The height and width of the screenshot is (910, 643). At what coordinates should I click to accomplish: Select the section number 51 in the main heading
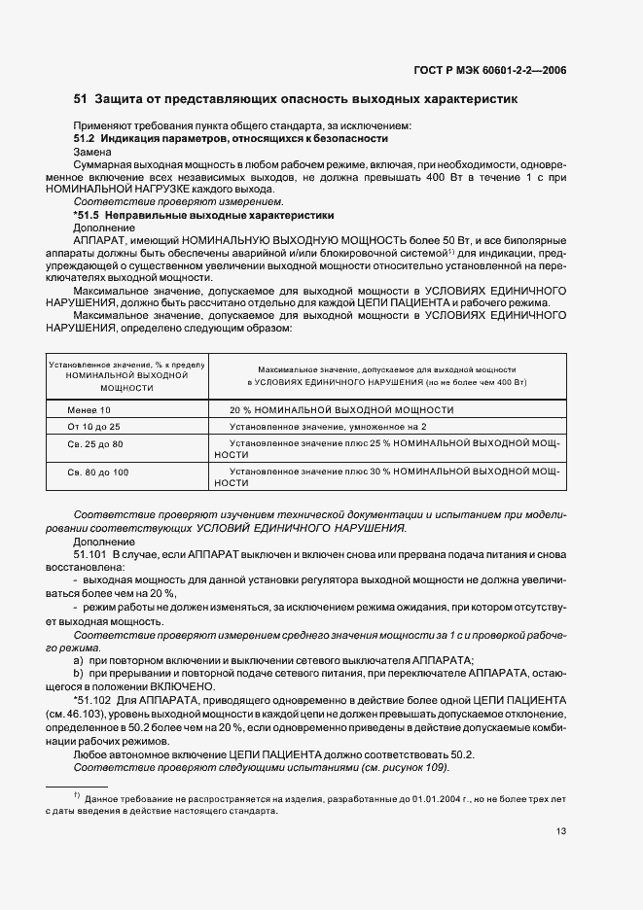click(x=81, y=100)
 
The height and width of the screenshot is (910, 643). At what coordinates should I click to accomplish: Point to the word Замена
click(x=93, y=153)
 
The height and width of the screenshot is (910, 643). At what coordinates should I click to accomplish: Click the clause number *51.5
click(x=89, y=214)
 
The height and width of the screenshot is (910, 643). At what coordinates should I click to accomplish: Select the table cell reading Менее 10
click(x=89, y=410)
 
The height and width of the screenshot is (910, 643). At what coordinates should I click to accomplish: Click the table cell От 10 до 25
click(x=93, y=427)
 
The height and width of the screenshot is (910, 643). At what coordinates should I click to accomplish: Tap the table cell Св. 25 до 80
click(x=95, y=443)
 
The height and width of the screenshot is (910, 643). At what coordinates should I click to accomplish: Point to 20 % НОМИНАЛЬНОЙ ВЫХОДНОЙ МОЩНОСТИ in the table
click(x=341, y=410)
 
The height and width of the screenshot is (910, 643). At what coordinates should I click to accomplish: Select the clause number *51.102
click(x=93, y=698)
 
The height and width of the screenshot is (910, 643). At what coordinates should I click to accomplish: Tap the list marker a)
click(x=78, y=659)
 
